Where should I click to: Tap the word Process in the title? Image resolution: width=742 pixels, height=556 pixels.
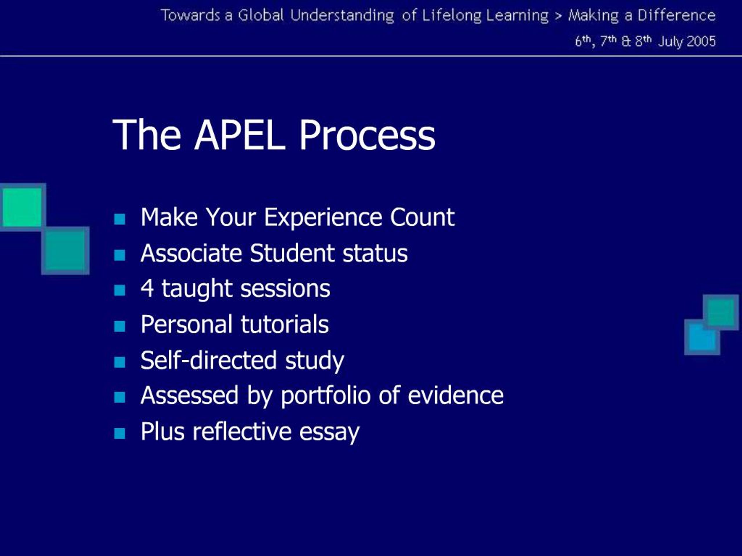[x=367, y=135]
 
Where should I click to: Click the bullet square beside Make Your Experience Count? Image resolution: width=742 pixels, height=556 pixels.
[x=119, y=219]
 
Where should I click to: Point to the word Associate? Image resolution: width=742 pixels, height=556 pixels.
[x=191, y=253]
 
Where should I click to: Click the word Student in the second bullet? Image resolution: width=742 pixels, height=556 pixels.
[x=292, y=253]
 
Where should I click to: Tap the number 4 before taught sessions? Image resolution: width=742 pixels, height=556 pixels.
[x=147, y=288]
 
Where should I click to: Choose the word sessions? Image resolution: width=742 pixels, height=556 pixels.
[x=285, y=289]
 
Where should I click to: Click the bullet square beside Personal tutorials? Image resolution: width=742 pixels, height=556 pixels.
[x=119, y=326]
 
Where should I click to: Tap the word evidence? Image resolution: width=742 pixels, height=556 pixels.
[x=456, y=396]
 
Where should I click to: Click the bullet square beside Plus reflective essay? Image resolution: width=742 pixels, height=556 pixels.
[x=119, y=434]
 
